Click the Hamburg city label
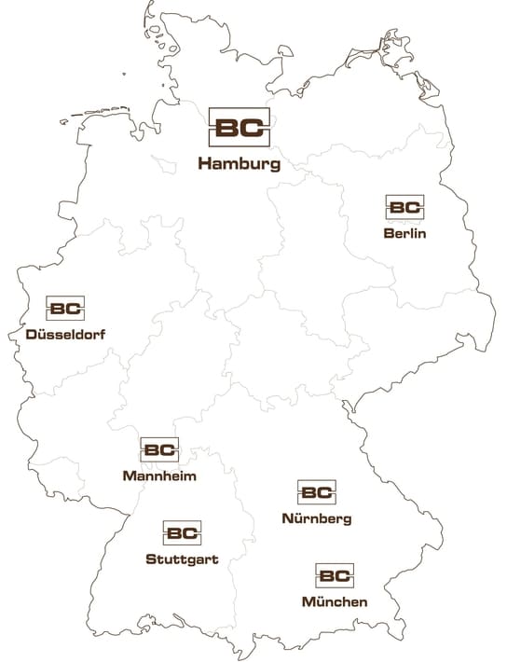(x=239, y=165)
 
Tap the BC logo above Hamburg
(x=240, y=129)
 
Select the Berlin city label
(x=404, y=233)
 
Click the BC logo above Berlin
(x=404, y=208)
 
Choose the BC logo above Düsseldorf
(x=65, y=309)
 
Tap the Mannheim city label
(x=158, y=476)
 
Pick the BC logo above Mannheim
(x=159, y=450)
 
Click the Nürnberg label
(x=316, y=518)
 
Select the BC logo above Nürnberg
(x=317, y=492)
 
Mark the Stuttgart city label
(x=183, y=559)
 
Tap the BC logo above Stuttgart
(x=183, y=534)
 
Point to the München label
(x=335, y=602)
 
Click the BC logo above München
(x=335, y=576)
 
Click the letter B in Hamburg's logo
(x=227, y=129)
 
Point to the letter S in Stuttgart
(x=151, y=559)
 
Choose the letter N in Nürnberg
(x=286, y=518)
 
